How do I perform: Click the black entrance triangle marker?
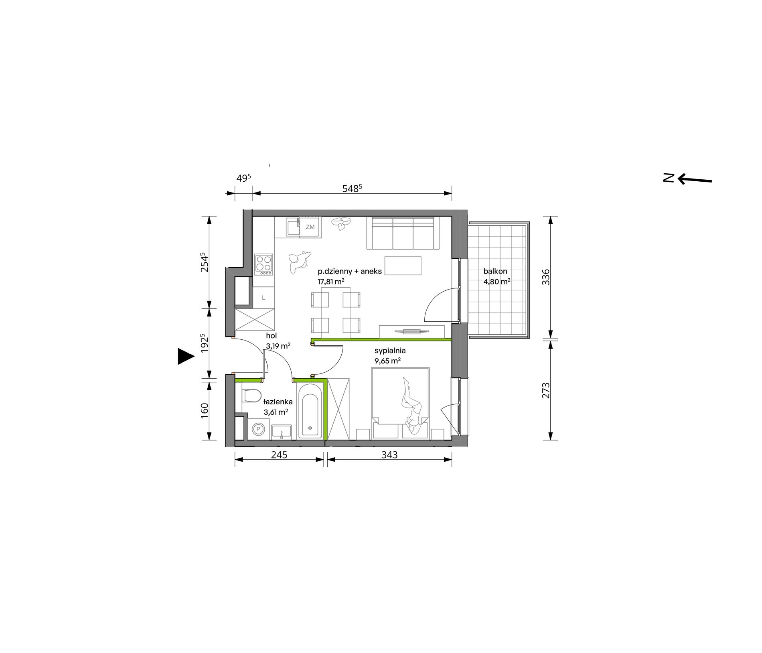point(185,356)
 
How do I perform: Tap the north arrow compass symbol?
point(687,178)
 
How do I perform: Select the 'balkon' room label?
point(495,272)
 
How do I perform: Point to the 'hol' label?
point(272,336)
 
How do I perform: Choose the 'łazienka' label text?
point(278,402)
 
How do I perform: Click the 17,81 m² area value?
point(331,282)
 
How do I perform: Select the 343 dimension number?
point(389,455)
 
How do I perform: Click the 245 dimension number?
point(279,455)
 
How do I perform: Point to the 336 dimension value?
point(546,277)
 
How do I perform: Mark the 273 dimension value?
point(546,391)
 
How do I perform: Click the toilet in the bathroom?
point(252,396)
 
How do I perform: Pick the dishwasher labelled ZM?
point(310,227)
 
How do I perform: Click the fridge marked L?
point(263,298)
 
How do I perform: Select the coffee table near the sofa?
point(403,266)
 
